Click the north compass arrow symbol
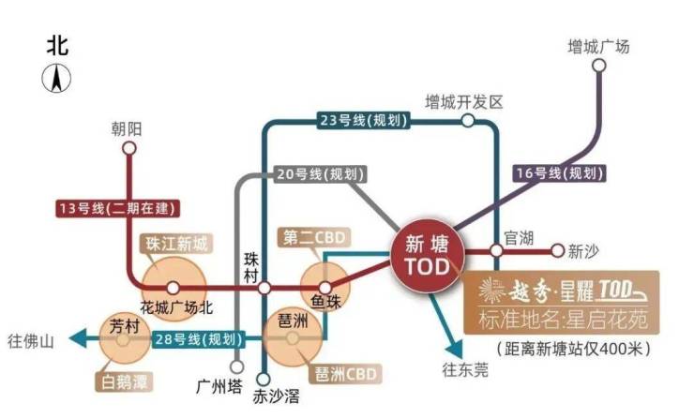[56, 79]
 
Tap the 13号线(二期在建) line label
[118, 208]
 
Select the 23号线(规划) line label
[363, 120]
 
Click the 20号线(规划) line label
[321, 173]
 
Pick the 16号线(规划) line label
[560, 173]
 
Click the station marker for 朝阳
[129, 148]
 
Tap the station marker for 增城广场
[599, 66]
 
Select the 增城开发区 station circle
[468, 120]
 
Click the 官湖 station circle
[497, 251]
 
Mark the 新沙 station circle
[558, 251]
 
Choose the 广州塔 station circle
[237, 366]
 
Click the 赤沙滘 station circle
[264, 379]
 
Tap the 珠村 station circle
[264, 289]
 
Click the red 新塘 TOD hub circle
[427, 256]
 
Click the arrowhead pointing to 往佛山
[79, 339]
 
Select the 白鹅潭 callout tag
[124, 381]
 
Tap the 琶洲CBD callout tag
[345, 374]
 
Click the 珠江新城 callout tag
[176, 244]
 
